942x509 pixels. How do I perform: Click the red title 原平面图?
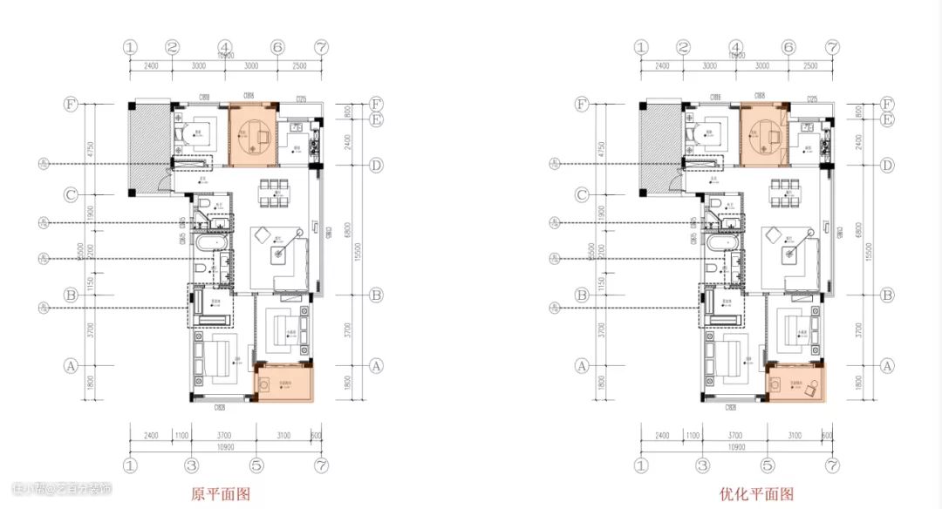pos(221,494)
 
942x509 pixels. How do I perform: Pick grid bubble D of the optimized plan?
pos(887,165)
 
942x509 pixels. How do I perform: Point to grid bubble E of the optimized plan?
pos(887,119)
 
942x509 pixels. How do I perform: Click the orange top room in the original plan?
pos(253,135)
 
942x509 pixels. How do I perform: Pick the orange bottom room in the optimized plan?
pos(797,383)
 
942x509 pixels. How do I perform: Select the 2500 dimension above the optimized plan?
pos(810,65)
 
